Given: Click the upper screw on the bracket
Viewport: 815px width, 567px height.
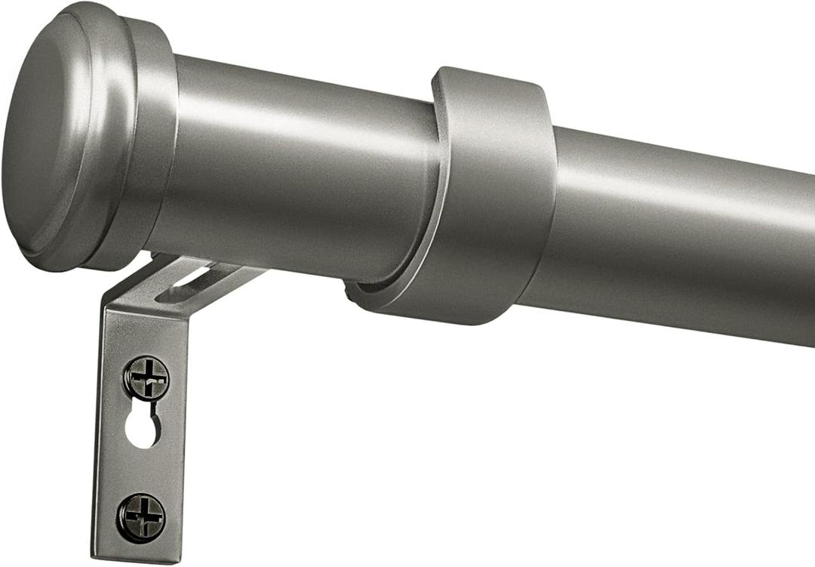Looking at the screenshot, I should click(x=146, y=377).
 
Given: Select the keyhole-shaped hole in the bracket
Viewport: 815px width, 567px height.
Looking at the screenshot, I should click(x=143, y=425).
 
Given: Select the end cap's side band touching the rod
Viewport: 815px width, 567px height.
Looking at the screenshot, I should click(x=155, y=143).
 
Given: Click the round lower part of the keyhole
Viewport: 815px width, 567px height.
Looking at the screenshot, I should click(x=142, y=432).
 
